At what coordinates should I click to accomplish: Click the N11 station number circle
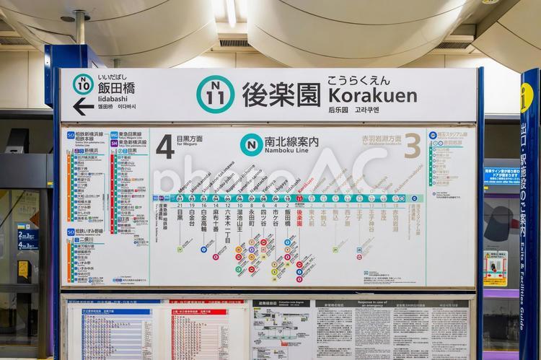[x=215, y=94]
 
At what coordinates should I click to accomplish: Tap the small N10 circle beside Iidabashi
[x=83, y=84]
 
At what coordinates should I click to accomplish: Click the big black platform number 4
[x=165, y=146]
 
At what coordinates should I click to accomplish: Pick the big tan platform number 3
[x=412, y=146]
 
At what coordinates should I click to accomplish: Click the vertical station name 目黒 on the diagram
[x=180, y=214]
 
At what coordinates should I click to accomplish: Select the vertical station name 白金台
[x=192, y=216]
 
